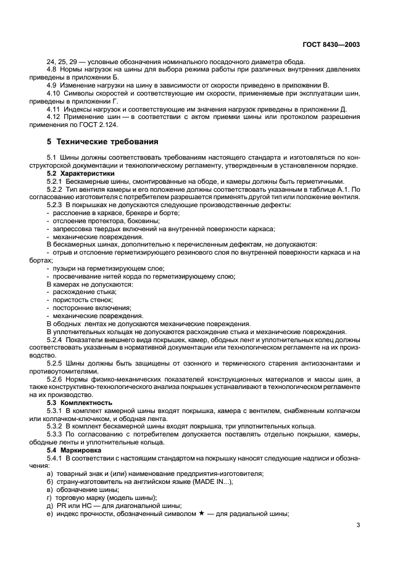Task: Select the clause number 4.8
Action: [52, 69]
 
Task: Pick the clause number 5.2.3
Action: [56, 204]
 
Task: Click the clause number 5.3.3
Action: [56, 435]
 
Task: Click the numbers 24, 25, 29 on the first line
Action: [59, 62]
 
